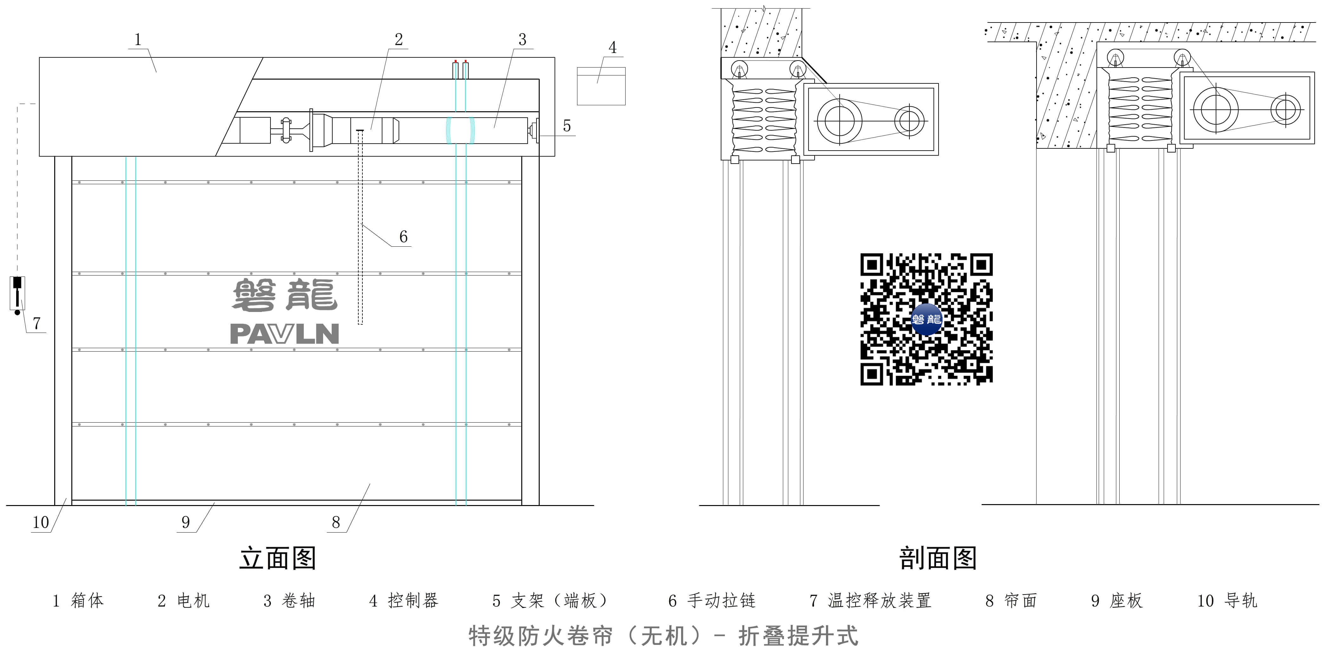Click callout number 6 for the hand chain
403,237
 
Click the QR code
926,319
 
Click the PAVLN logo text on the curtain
284,334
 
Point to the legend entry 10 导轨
1227,600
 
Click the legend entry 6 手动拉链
712,600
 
